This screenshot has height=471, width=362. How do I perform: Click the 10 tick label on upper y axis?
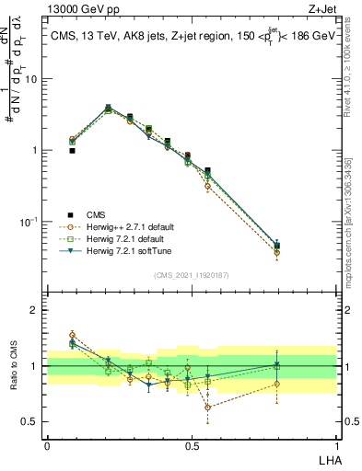point(31,79)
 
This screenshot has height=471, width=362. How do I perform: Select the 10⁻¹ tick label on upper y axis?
point(29,222)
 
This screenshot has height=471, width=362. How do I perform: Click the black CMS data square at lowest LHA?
point(72,150)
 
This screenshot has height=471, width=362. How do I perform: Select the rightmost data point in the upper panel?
point(276,246)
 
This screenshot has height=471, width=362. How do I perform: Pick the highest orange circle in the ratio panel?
point(72,335)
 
